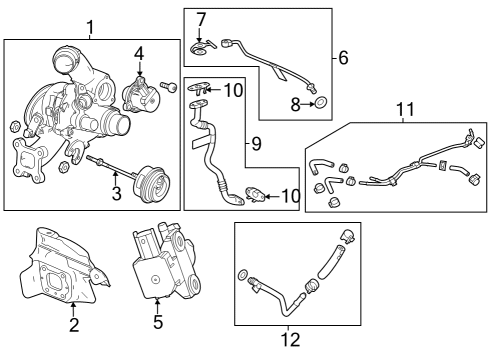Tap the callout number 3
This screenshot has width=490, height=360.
tap(116, 194)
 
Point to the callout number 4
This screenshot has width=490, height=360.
tap(140, 53)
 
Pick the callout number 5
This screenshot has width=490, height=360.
tap(157, 323)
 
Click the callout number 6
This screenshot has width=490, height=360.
tap(343, 58)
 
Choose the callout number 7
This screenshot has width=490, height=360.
tap(201, 19)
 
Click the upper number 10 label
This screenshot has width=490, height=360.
tap(234, 91)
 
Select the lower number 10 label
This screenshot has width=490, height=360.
tap(290, 195)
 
